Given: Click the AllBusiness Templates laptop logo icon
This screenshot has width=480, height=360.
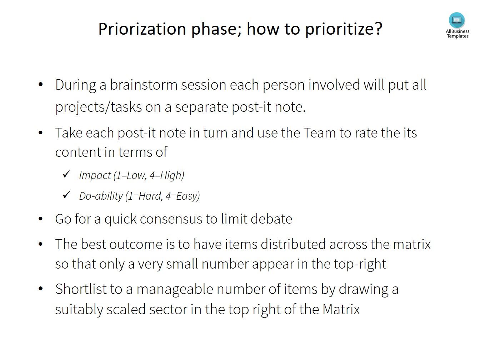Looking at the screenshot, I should pos(457,20).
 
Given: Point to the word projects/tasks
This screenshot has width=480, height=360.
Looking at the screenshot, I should pos(99,107).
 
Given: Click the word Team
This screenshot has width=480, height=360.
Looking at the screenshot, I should pos(320,133).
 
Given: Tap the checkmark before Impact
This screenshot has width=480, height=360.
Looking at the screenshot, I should pos(66,174).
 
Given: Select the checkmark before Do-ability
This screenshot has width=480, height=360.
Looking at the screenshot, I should pos(66,195).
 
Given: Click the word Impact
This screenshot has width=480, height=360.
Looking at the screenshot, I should pos(95,175).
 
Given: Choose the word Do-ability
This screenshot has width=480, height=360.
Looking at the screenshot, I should pos(101,196).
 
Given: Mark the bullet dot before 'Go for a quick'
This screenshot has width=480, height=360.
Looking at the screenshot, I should pos(40,219).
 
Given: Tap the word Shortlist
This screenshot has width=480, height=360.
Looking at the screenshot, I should pos(81,289).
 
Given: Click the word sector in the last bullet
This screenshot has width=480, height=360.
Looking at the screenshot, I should pos(168,309).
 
